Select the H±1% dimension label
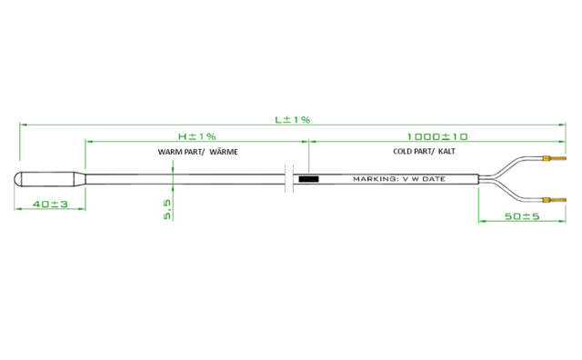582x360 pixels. point(196,135)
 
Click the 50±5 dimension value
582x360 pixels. point(509,216)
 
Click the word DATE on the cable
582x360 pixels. point(433,179)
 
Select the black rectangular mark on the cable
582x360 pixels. point(308,179)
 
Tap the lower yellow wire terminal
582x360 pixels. point(549,199)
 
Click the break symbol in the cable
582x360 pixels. point(289,178)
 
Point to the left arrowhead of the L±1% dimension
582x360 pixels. point(20,125)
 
